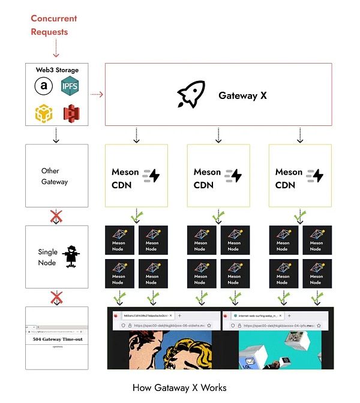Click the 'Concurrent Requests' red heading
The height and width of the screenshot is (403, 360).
(x=54, y=25)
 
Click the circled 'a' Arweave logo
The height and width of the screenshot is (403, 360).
(x=43, y=87)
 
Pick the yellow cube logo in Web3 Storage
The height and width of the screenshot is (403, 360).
(x=43, y=112)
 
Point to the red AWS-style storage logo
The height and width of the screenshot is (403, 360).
(x=73, y=112)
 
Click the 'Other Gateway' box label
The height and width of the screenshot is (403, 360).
(x=55, y=176)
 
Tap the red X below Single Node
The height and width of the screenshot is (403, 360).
(x=56, y=297)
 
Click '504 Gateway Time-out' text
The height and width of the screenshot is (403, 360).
(x=55, y=339)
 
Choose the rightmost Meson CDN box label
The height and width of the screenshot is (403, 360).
(x=289, y=178)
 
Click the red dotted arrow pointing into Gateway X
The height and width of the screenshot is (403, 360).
(x=97, y=94)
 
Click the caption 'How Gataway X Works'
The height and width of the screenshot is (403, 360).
(x=179, y=387)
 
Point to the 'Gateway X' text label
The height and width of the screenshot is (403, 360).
(x=242, y=95)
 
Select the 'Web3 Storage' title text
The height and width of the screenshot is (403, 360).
(x=56, y=70)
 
